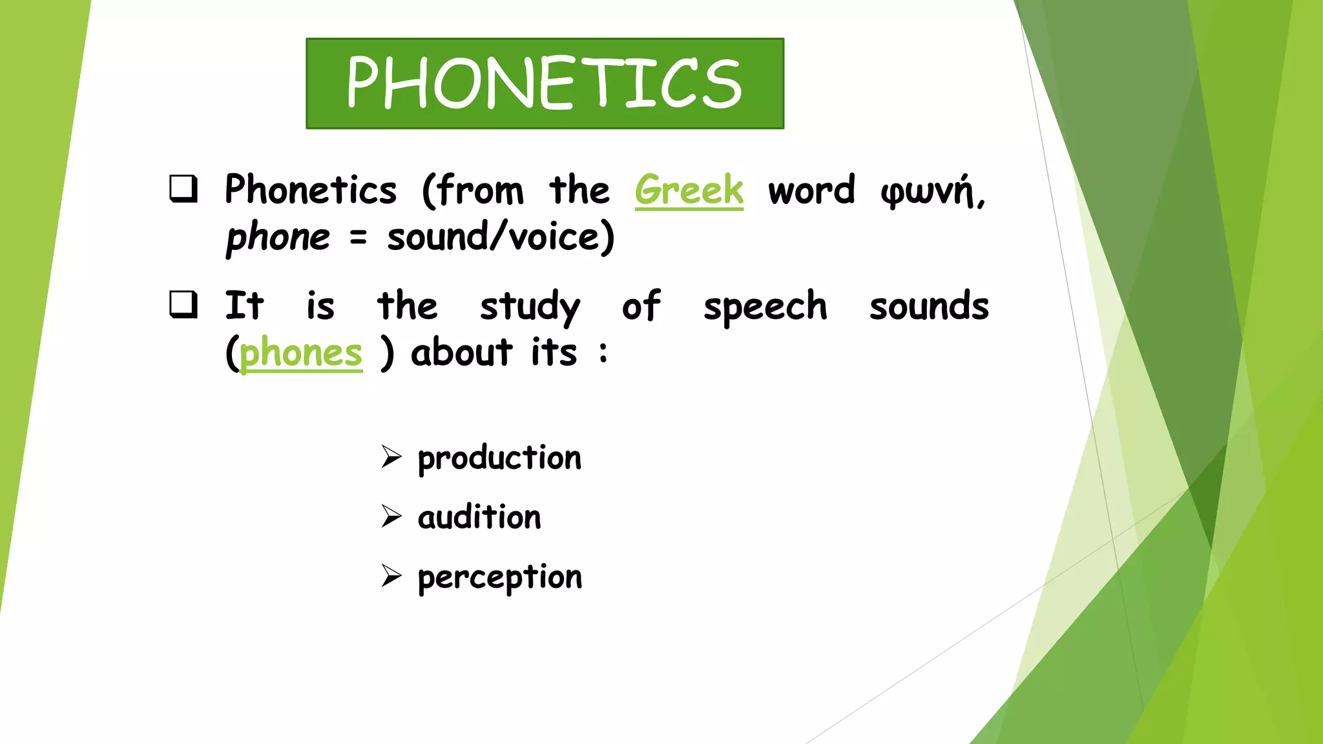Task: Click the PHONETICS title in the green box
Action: click(545, 83)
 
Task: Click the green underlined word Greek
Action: click(689, 190)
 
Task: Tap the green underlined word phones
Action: click(301, 353)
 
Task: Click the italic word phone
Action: click(278, 238)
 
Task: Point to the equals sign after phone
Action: click(358, 238)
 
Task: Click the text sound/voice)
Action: click(501, 237)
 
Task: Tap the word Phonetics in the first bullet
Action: click(311, 190)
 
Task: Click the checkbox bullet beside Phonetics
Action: click(183, 189)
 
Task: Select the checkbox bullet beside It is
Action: click(183, 304)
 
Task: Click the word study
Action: click(530, 307)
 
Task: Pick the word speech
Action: click(765, 307)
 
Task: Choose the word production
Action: click(499, 459)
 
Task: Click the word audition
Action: click(479, 517)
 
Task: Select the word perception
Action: click(499, 577)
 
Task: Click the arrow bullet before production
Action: click(391, 457)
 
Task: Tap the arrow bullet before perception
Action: click(391, 575)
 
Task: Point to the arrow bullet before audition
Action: click(391, 516)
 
